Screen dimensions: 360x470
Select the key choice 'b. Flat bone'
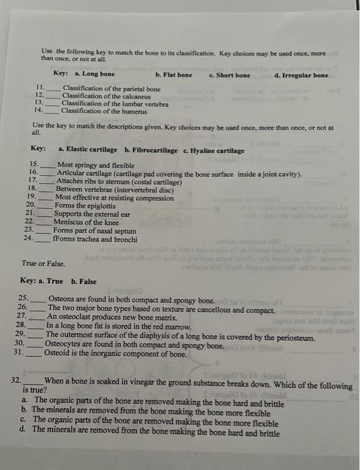pyautogui.click(x=173, y=74)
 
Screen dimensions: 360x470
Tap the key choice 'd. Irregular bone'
pyautogui.click(x=302, y=75)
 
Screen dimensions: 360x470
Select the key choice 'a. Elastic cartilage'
pyautogui.click(x=87, y=150)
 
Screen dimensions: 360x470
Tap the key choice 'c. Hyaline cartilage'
pyautogui.click(x=214, y=150)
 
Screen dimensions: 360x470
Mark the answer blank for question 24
pyautogui.click(x=43, y=238)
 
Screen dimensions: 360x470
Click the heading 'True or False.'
pyautogui.click(x=43, y=264)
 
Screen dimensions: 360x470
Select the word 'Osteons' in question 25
pyautogui.click(x=62, y=299)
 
